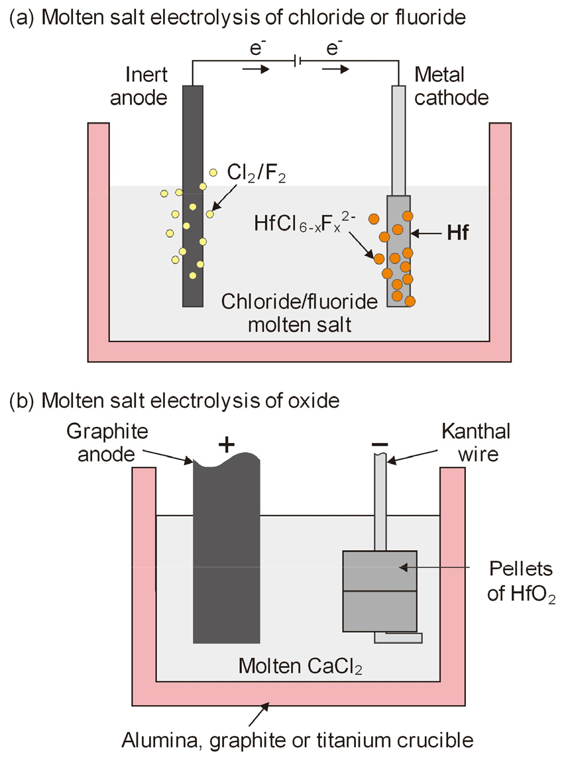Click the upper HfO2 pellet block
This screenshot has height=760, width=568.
[x=379, y=570]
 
